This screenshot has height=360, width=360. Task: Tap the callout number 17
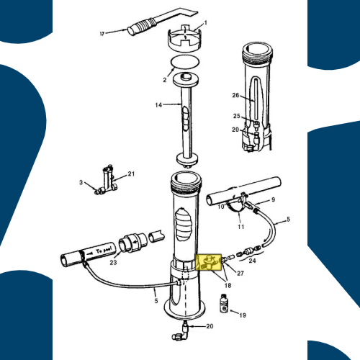point(102,32)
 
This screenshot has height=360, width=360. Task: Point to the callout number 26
point(235,94)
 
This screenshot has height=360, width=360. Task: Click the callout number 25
point(235,116)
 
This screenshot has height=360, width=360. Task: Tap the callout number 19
point(243,315)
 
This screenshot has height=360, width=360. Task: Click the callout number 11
point(241,227)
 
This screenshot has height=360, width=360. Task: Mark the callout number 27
point(240,273)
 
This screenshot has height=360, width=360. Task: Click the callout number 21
point(132,174)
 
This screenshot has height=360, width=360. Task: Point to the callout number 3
point(82,184)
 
